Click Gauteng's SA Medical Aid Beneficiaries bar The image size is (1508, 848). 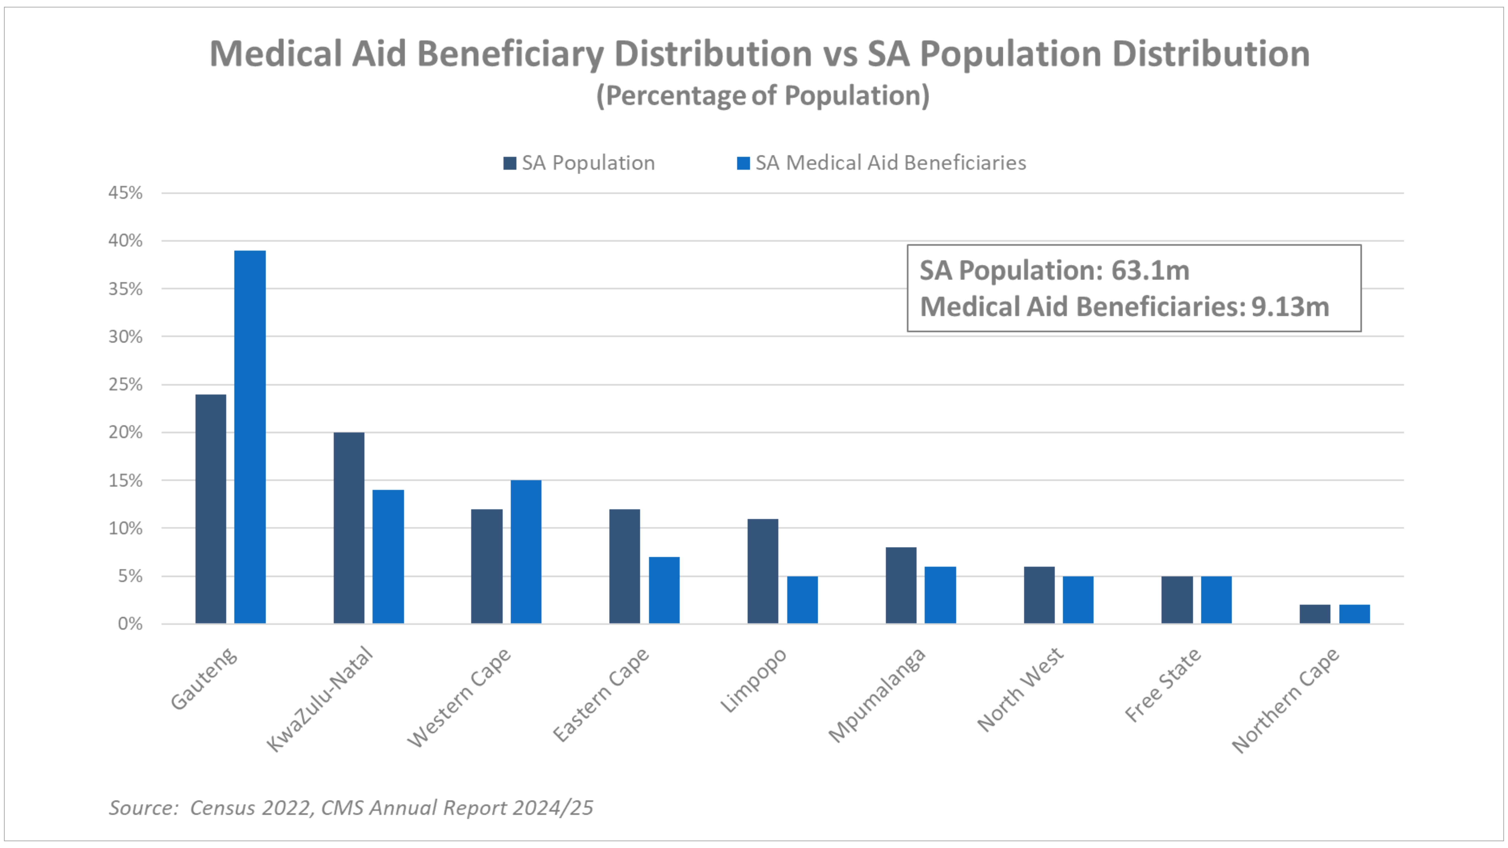pyautogui.click(x=250, y=437)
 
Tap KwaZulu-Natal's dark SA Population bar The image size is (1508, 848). pyautogui.click(x=349, y=528)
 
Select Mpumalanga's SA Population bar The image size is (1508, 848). pyautogui.click(x=901, y=585)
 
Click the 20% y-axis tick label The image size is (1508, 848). pyautogui.click(x=125, y=432)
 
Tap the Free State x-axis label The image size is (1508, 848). pyautogui.click(x=1163, y=685)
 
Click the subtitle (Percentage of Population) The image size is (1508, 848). pyautogui.click(x=762, y=95)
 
